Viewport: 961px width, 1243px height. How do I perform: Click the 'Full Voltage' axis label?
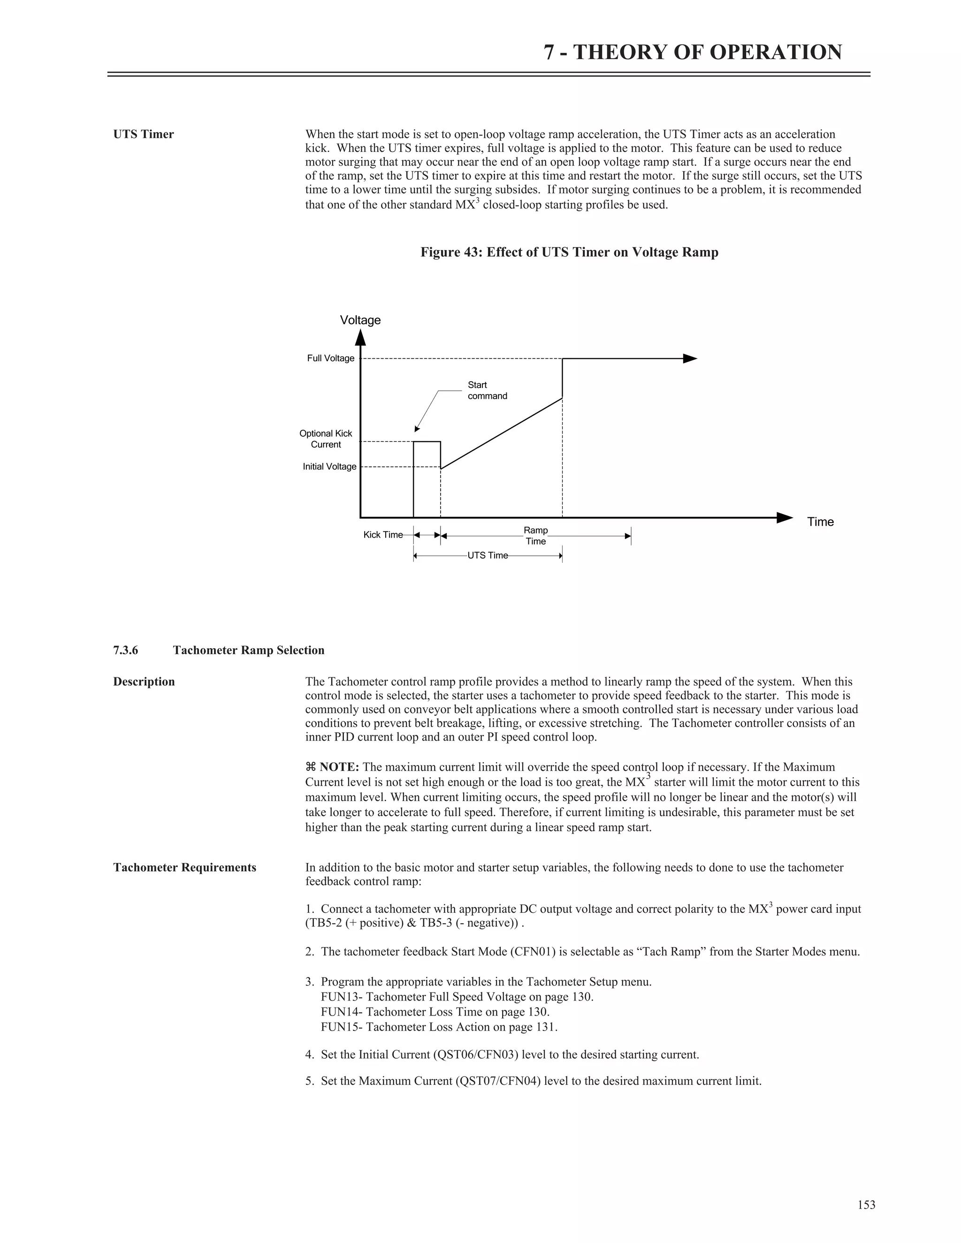tap(330, 358)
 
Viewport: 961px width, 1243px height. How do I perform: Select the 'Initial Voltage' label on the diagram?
tap(329, 467)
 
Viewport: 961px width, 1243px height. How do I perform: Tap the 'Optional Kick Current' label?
tap(326, 439)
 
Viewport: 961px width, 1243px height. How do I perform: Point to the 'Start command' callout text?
tap(487, 390)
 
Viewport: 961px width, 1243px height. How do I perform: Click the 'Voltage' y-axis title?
tap(360, 320)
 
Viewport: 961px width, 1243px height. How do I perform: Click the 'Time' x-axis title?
tap(820, 522)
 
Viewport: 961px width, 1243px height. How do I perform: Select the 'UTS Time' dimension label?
tap(488, 555)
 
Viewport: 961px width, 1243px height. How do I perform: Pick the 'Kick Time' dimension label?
tap(382, 535)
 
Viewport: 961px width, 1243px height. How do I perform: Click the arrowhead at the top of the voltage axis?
tap(360, 338)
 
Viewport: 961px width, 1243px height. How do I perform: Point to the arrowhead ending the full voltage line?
tap(689, 358)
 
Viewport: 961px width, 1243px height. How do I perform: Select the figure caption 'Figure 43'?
tap(569, 252)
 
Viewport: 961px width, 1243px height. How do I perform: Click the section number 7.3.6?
tap(125, 651)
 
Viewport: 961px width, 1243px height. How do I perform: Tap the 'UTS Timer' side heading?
tap(144, 134)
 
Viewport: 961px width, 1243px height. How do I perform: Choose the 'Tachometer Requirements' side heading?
tap(184, 867)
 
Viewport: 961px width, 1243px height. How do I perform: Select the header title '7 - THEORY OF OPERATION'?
tap(692, 53)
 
